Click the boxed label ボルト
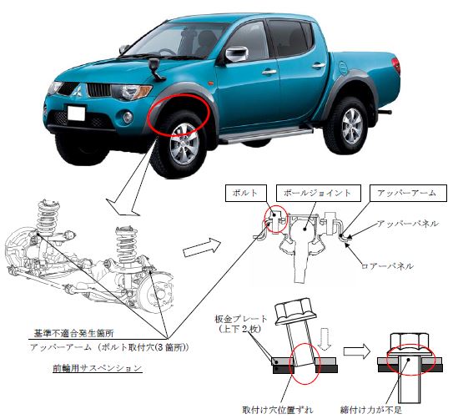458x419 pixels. [x=246, y=193]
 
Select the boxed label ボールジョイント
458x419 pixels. [x=319, y=193]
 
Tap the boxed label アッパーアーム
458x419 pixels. [x=408, y=193]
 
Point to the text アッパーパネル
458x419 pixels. [x=408, y=224]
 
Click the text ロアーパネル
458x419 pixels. [x=387, y=266]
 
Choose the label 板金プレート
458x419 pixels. [x=241, y=319]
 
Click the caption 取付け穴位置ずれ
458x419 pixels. [x=278, y=410]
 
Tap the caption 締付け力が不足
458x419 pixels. [x=371, y=410]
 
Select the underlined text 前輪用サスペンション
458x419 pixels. [x=98, y=368]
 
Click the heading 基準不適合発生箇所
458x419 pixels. [x=73, y=333]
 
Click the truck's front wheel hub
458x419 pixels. [x=184, y=144]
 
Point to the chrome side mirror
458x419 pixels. [x=236, y=54]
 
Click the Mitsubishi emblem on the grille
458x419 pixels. [x=78, y=89]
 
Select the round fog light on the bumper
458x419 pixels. [x=128, y=117]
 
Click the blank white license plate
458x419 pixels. [x=76, y=113]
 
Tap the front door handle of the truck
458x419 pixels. [x=269, y=72]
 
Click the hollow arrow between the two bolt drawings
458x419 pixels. [x=356, y=351]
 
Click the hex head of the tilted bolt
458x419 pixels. [x=296, y=312]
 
